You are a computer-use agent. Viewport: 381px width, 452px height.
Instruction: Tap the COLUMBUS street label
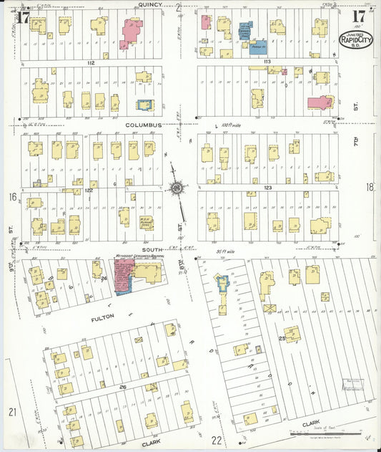click(144, 125)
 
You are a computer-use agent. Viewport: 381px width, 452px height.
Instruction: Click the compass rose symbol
click(175, 188)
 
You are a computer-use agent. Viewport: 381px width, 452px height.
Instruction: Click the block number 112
click(91, 63)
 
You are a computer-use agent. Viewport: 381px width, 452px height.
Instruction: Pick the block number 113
click(267, 63)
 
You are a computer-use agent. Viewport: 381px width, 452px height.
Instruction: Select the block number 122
click(89, 191)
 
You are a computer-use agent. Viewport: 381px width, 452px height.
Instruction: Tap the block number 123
click(267, 188)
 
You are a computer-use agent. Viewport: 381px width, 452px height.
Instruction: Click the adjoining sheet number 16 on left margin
click(12, 196)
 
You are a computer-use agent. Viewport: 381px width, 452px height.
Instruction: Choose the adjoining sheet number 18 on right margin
click(370, 188)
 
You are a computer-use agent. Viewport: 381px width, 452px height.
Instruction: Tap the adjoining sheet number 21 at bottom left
click(12, 411)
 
